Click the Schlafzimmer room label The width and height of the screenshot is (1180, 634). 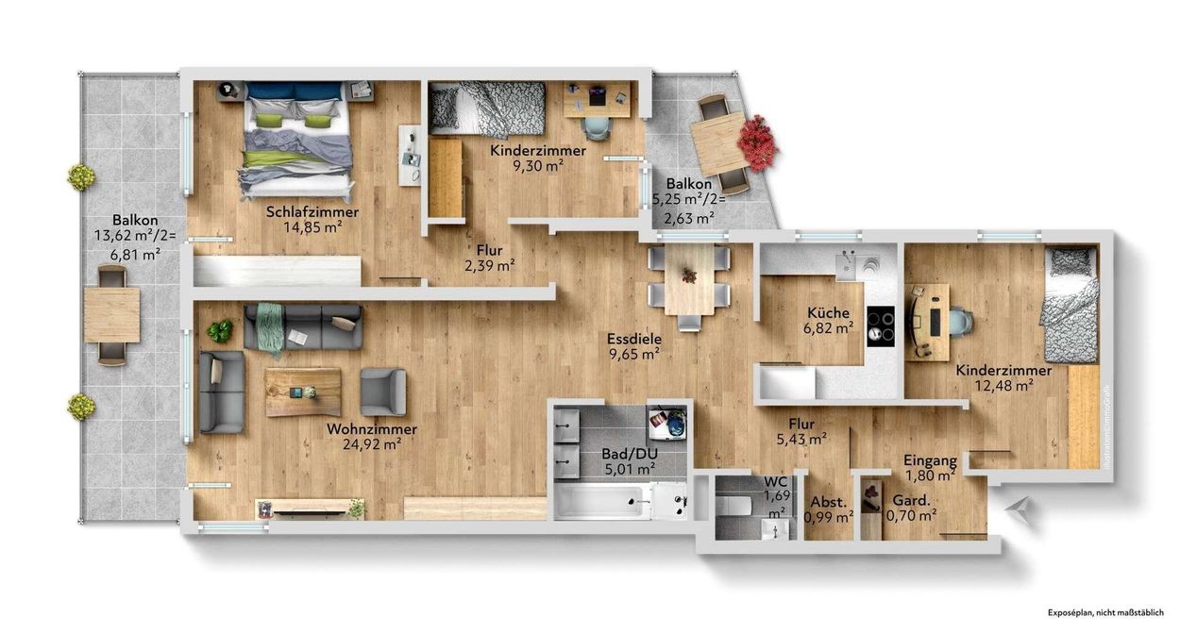(x=312, y=211)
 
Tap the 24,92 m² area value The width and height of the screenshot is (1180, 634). (x=371, y=444)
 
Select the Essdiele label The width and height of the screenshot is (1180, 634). (x=633, y=339)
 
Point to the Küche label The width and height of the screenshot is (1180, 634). (x=828, y=313)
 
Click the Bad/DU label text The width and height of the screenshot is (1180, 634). (x=630, y=453)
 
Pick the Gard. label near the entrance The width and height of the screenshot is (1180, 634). (x=910, y=500)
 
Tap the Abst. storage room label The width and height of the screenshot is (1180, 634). (x=828, y=502)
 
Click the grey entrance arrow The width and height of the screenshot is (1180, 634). (x=1017, y=511)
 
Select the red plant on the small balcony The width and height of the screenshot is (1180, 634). (x=757, y=142)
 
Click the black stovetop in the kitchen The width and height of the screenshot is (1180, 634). (x=881, y=327)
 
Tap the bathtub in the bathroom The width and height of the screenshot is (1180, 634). (x=604, y=500)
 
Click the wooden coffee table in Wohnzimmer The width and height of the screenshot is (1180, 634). (x=303, y=392)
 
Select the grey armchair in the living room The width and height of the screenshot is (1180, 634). (x=382, y=392)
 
